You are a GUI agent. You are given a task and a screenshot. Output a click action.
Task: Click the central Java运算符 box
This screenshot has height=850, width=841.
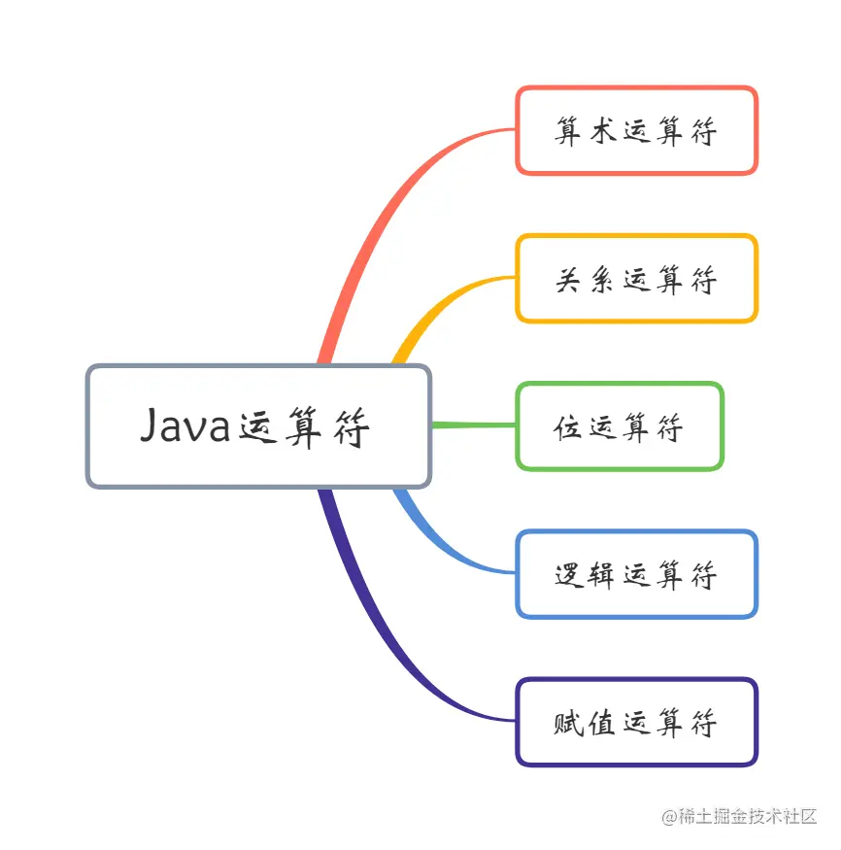click(257, 425)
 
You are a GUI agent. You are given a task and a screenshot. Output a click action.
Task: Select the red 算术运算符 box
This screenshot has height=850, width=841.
click(636, 130)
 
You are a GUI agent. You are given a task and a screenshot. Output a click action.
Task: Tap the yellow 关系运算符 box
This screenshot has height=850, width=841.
click(636, 278)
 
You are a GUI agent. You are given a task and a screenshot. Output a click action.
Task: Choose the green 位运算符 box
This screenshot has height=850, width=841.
click(620, 426)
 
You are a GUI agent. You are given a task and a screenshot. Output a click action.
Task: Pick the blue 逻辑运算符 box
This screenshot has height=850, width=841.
click(636, 574)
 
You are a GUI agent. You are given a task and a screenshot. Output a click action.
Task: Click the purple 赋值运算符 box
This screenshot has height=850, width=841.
click(636, 722)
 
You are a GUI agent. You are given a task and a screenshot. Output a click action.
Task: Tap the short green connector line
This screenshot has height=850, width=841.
click(473, 425)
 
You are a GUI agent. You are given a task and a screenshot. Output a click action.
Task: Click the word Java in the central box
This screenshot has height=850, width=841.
click(185, 425)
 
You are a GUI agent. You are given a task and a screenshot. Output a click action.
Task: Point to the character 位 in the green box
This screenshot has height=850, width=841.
click(568, 426)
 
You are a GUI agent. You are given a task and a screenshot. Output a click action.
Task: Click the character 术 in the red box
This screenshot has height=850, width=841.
click(602, 131)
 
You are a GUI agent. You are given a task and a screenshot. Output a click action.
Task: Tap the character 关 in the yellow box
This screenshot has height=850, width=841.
click(569, 280)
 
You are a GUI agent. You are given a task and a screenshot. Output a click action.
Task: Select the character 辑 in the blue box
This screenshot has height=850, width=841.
click(602, 575)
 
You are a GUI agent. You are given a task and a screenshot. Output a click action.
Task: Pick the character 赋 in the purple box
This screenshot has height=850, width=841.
click(569, 723)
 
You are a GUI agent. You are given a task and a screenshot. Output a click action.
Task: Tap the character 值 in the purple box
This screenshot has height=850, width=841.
click(602, 723)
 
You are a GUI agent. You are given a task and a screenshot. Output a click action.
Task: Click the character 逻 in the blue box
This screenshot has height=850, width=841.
click(569, 575)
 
